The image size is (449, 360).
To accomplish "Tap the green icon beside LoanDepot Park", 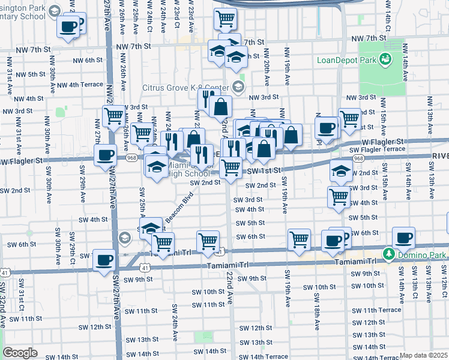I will (385, 59).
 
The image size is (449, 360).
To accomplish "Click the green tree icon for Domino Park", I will (388, 254).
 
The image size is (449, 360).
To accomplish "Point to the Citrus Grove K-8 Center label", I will (186, 87).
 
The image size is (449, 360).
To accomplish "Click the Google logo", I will (20, 353).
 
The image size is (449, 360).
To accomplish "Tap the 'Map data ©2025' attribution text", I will (423, 355).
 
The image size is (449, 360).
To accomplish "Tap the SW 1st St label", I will (265, 171).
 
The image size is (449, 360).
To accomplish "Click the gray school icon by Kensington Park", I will (55, 11).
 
